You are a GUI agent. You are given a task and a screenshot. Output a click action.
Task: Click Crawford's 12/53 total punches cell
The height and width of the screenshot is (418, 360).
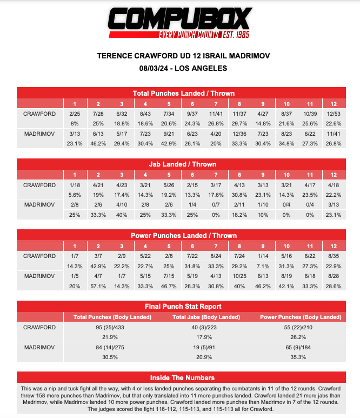(x=334, y=114)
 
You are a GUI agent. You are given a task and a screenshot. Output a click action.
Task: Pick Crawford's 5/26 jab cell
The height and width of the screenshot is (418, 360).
(x=169, y=185)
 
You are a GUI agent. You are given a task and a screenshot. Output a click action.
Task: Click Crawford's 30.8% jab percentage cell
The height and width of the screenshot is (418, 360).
(x=239, y=195)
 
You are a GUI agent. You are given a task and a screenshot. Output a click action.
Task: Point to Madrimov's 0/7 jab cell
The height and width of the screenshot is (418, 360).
(x=216, y=204)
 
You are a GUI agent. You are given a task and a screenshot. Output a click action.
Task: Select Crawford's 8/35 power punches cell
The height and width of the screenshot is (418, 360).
(x=334, y=256)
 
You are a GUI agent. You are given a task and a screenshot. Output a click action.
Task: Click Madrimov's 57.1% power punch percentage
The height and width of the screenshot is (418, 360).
(x=98, y=285)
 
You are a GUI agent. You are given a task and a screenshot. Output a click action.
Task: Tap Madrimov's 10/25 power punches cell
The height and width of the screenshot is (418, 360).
(x=239, y=275)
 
